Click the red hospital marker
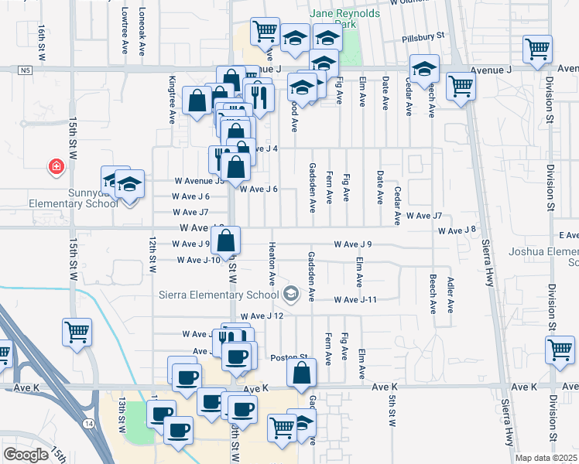[56, 167]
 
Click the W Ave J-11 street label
[355, 300]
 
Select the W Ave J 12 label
[262, 316]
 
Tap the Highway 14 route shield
[89, 423]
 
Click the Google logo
[26, 455]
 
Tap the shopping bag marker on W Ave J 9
[226, 241]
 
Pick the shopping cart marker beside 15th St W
[77, 333]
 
